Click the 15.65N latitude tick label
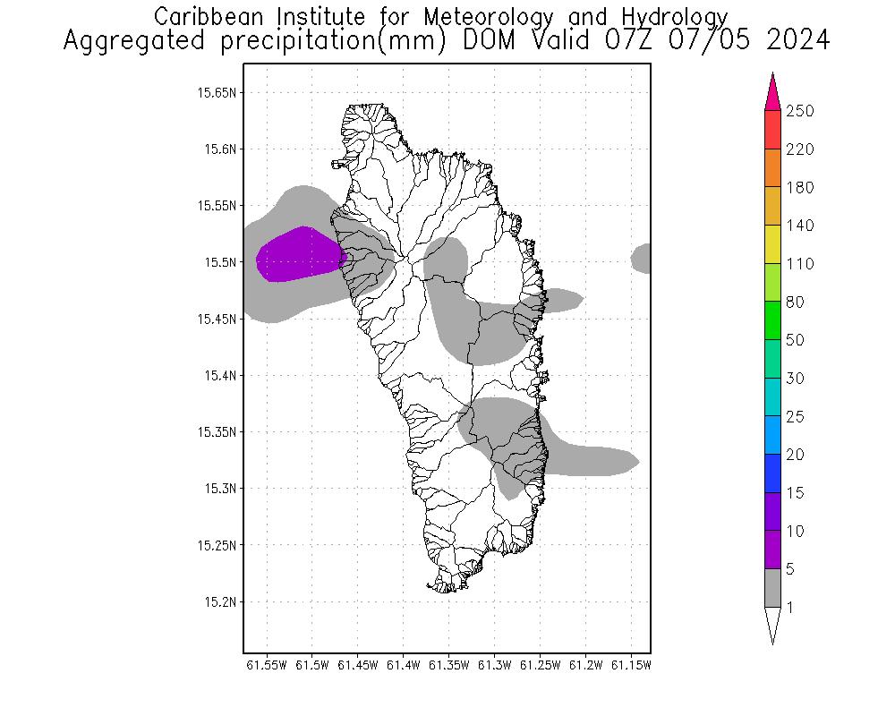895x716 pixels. point(217,92)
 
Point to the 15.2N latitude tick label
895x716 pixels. point(220,601)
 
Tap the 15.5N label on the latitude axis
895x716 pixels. point(220,262)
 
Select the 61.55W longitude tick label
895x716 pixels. point(266,665)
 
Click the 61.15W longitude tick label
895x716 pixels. point(631,665)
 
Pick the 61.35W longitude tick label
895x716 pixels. point(448,665)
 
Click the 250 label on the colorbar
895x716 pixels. point(799,112)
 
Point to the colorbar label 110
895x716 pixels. point(799,264)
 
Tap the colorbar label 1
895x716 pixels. point(789,608)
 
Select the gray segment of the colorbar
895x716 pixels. point(773,588)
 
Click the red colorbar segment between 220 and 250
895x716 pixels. point(773,130)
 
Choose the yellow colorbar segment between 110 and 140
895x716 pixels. point(773,244)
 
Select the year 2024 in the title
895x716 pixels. point(797,41)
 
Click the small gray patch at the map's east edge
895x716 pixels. point(641,258)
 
